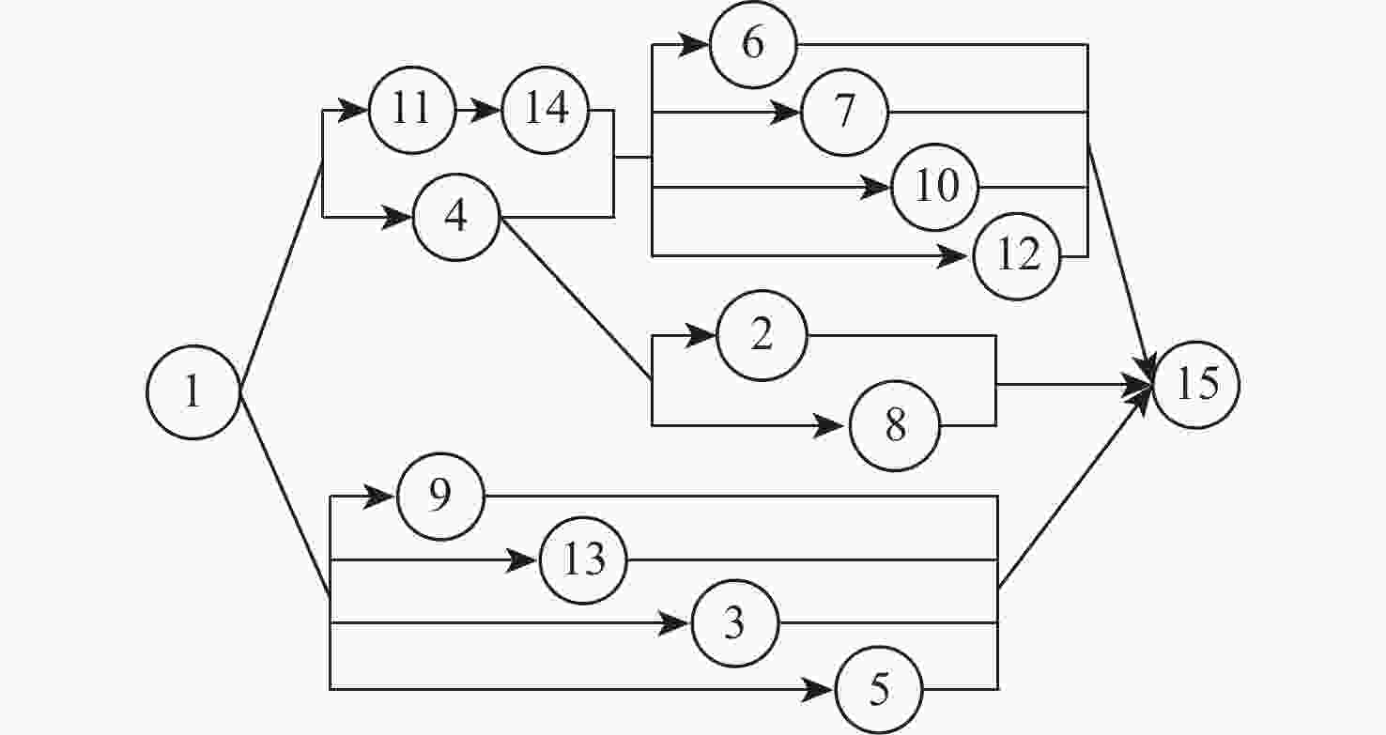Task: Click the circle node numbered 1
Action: (193, 392)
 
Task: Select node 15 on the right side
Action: (1196, 385)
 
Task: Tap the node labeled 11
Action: (412, 110)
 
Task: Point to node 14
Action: (546, 110)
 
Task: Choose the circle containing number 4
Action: (456, 217)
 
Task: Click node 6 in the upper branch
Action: (753, 44)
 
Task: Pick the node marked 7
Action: (844, 112)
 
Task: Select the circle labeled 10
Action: (935, 187)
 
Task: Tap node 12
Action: (1017, 256)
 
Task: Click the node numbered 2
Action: (762, 335)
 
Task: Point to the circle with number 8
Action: (895, 425)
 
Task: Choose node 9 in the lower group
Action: (440, 496)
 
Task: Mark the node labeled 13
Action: (583, 560)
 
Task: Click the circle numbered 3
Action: (735, 623)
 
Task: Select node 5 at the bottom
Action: (879, 689)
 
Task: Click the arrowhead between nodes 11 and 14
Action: (485, 110)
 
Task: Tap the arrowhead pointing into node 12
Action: (952, 256)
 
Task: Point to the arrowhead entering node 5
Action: (817, 689)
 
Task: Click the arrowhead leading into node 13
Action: (521, 560)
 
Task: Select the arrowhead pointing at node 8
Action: (828, 425)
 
